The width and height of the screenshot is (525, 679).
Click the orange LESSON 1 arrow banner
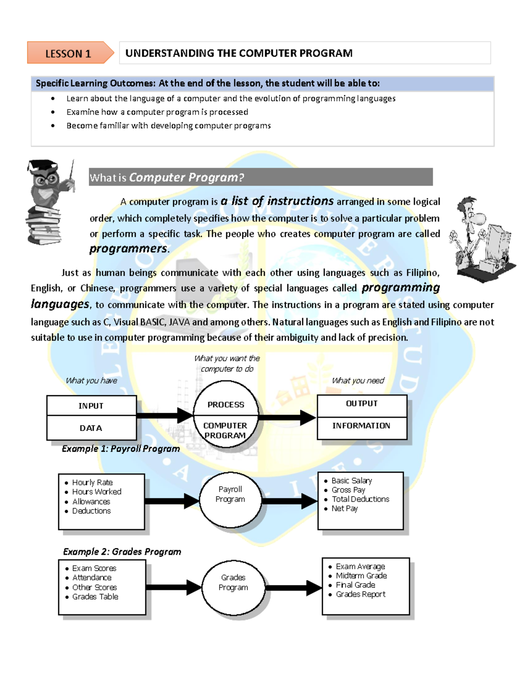[69, 53]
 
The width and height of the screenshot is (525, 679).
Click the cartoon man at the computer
[481, 238]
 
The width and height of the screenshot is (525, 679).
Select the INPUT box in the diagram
[91, 406]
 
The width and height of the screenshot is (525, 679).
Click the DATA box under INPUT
[91, 428]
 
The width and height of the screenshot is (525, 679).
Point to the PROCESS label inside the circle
[226, 405]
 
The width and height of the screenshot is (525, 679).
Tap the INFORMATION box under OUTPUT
[361, 426]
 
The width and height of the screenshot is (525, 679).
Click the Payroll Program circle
[230, 499]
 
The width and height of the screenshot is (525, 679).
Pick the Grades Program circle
[233, 587]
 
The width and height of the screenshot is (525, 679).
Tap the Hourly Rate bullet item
[92, 482]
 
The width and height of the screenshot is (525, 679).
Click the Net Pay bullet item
[345, 508]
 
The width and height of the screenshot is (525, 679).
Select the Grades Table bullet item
[95, 597]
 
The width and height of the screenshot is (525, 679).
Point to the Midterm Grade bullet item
[361, 576]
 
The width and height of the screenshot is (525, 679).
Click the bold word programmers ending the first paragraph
[128, 249]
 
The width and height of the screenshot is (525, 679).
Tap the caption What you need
[358, 381]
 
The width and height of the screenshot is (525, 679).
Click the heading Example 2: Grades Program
[122, 552]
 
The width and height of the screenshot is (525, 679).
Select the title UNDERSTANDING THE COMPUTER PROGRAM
[239, 53]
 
